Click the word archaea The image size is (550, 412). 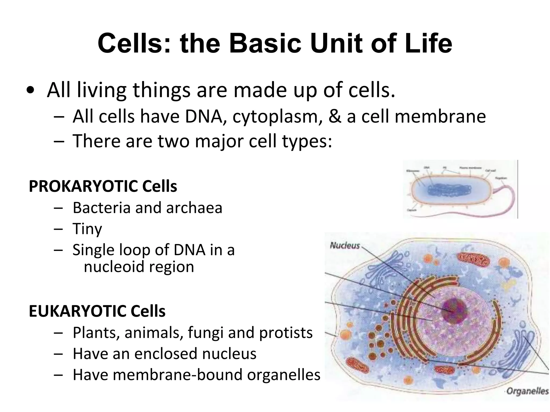pyautogui.click(x=194, y=208)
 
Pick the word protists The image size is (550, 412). pyautogui.click(x=286, y=333)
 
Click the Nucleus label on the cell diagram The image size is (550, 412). pyautogui.click(x=345, y=245)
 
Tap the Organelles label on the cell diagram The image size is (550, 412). pyautogui.click(x=527, y=391)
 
